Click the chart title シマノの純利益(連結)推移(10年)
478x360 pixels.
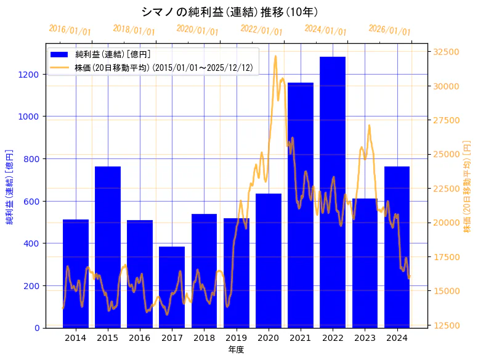coord(229,12)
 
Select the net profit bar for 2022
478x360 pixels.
coord(333,192)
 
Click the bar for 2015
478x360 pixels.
coord(108,247)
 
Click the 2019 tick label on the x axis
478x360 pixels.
coord(237,338)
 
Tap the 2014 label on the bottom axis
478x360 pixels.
coord(76,338)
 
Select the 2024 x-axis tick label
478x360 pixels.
coord(397,338)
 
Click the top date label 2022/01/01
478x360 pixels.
coord(262,31)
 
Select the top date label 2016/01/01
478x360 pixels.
coord(70,31)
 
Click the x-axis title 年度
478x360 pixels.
coord(236,350)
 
